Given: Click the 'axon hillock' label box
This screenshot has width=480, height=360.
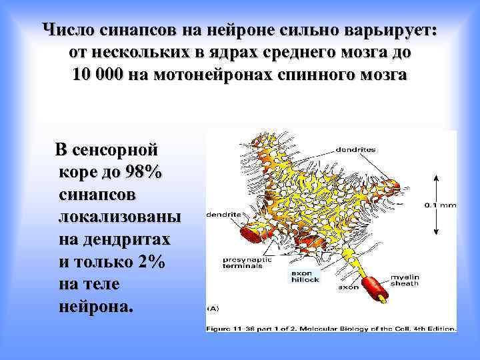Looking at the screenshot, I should click(x=305, y=276).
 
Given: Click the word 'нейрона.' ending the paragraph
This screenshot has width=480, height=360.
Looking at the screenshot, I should click(x=96, y=307).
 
